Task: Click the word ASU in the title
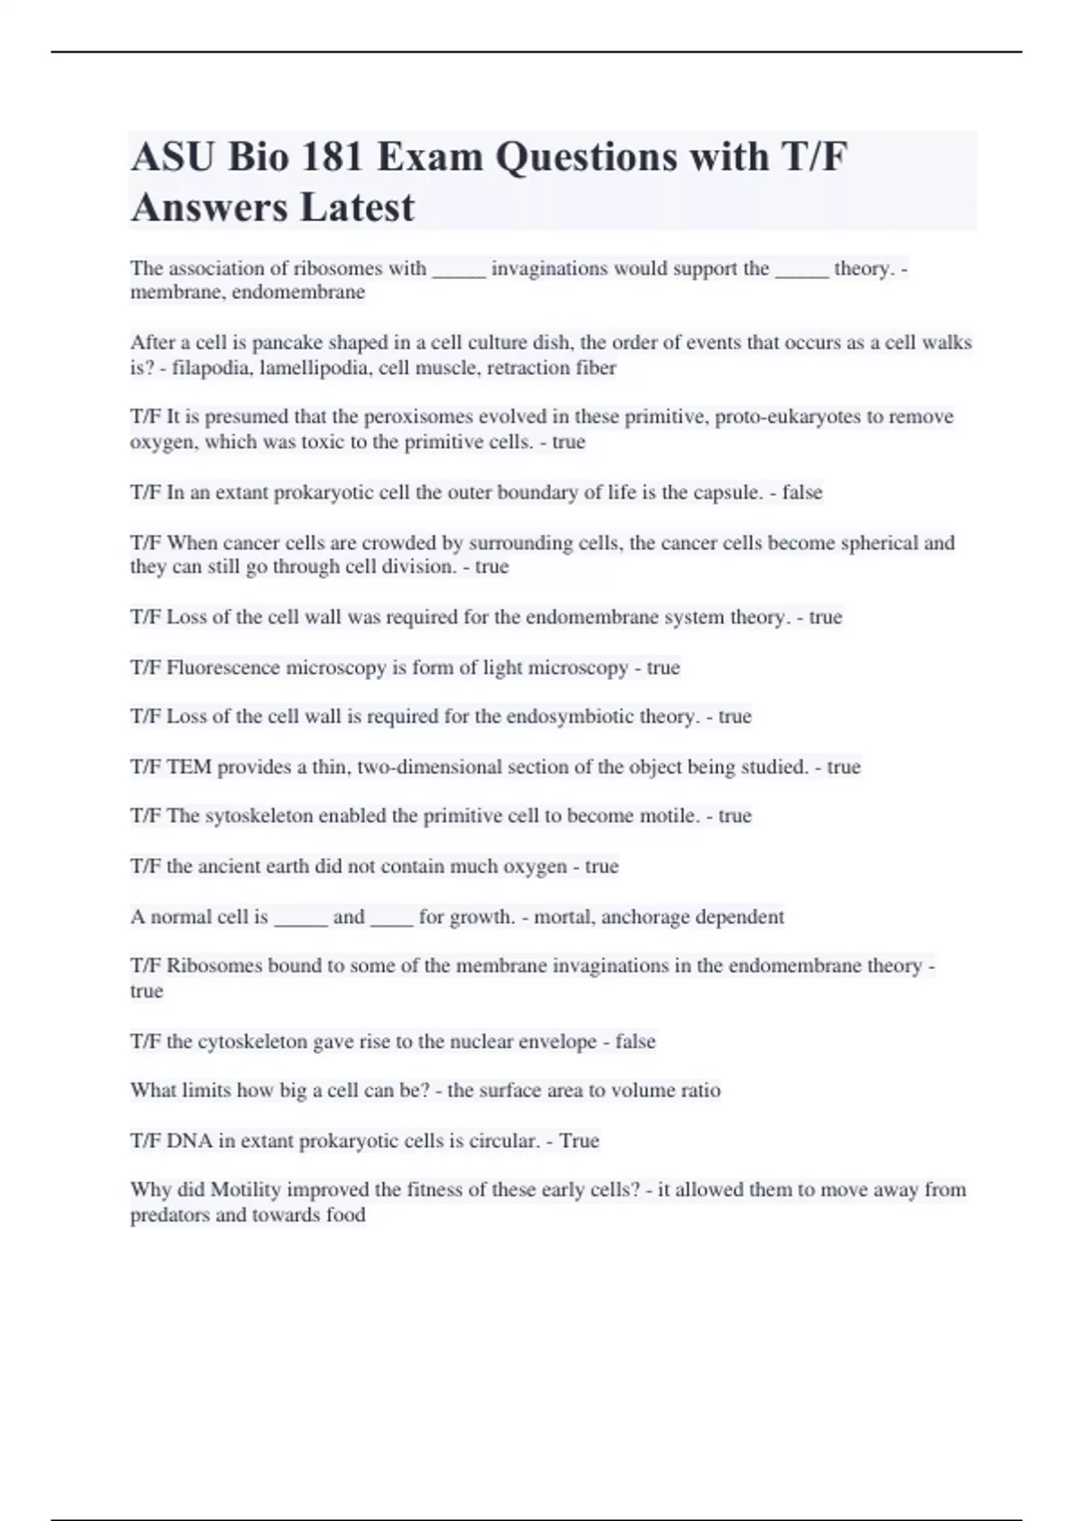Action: [172, 157]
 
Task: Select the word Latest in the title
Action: [357, 208]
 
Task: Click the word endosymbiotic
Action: [569, 717]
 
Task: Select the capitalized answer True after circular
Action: [579, 1141]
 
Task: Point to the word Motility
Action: [245, 1190]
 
